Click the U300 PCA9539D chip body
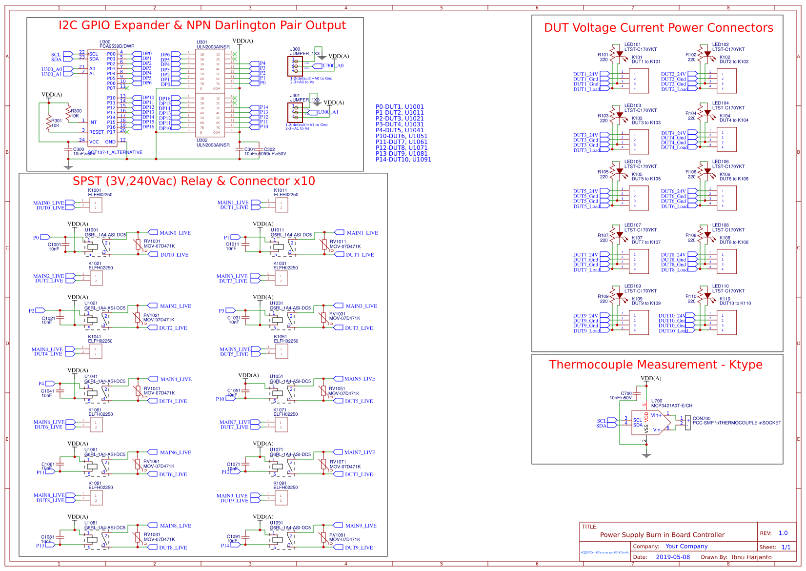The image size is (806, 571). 102,98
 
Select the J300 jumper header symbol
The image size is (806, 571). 295,66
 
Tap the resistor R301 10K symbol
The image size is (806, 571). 49,123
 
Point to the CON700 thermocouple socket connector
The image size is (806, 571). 688,423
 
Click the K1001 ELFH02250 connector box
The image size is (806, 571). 95,205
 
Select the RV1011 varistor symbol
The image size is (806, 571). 324,244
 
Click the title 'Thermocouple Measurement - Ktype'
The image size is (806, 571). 655,365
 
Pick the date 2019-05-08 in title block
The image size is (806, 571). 673,557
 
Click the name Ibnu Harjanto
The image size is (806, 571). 751,557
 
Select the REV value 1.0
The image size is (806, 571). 783,533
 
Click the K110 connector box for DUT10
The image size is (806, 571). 726,323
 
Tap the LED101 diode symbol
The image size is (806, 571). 620,54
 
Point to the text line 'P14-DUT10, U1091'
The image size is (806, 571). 403,160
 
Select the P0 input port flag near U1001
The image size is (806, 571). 39,238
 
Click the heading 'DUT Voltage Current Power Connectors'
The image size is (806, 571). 658,28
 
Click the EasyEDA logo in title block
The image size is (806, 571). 605,552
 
